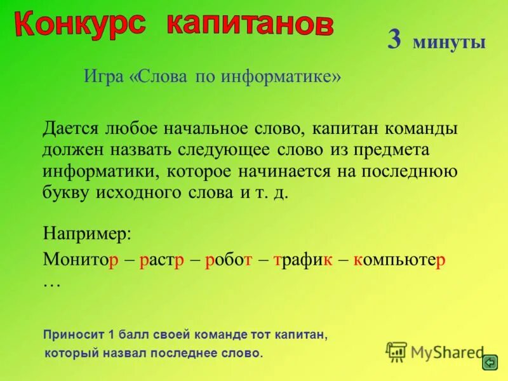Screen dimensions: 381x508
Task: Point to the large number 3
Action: [394, 40]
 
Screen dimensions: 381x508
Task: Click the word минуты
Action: [449, 43]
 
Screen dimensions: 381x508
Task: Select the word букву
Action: [69, 193]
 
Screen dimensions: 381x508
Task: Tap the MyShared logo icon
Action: [396, 351]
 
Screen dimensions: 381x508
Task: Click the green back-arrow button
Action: [490, 363]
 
